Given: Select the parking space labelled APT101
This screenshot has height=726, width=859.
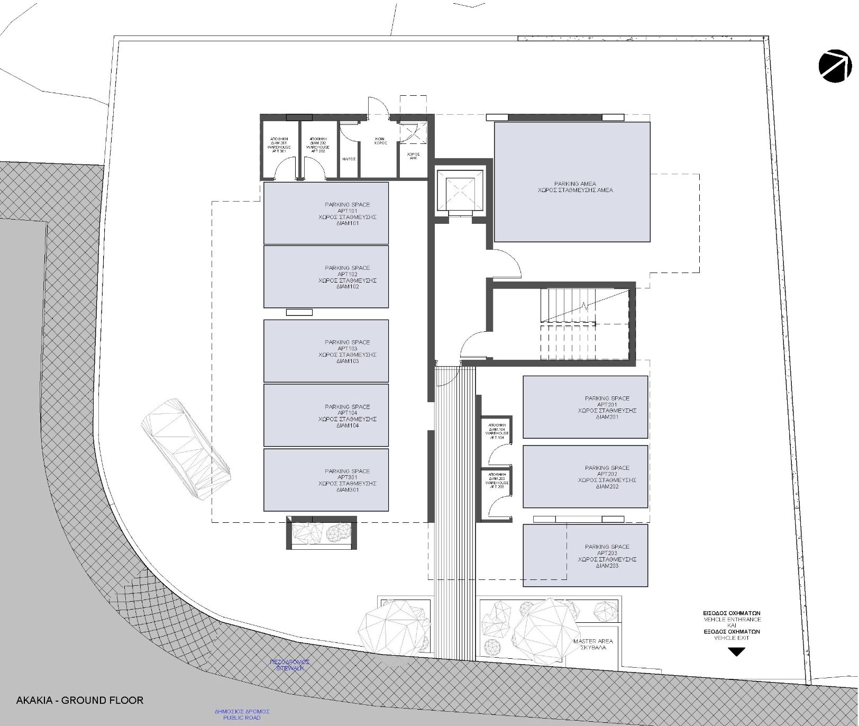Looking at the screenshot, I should (x=326, y=213).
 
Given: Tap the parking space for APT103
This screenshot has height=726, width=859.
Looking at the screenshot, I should (x=326, y=351).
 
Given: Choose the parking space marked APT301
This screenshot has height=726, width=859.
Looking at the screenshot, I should (x=326, y=480).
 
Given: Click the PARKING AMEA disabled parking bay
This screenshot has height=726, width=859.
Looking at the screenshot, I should (x=572, y=182).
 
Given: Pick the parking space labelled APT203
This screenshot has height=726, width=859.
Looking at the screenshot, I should (x=585, y=555).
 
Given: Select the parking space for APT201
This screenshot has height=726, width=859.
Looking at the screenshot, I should (x=585, y=407).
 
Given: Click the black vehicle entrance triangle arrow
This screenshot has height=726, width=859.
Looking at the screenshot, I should (x=736, y=652).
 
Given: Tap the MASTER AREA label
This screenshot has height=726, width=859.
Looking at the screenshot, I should (x=592, y=644).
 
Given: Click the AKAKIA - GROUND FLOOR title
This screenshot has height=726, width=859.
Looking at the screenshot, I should (x=79, y=700).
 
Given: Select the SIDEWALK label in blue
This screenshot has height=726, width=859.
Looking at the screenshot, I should (x=289, y=665).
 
